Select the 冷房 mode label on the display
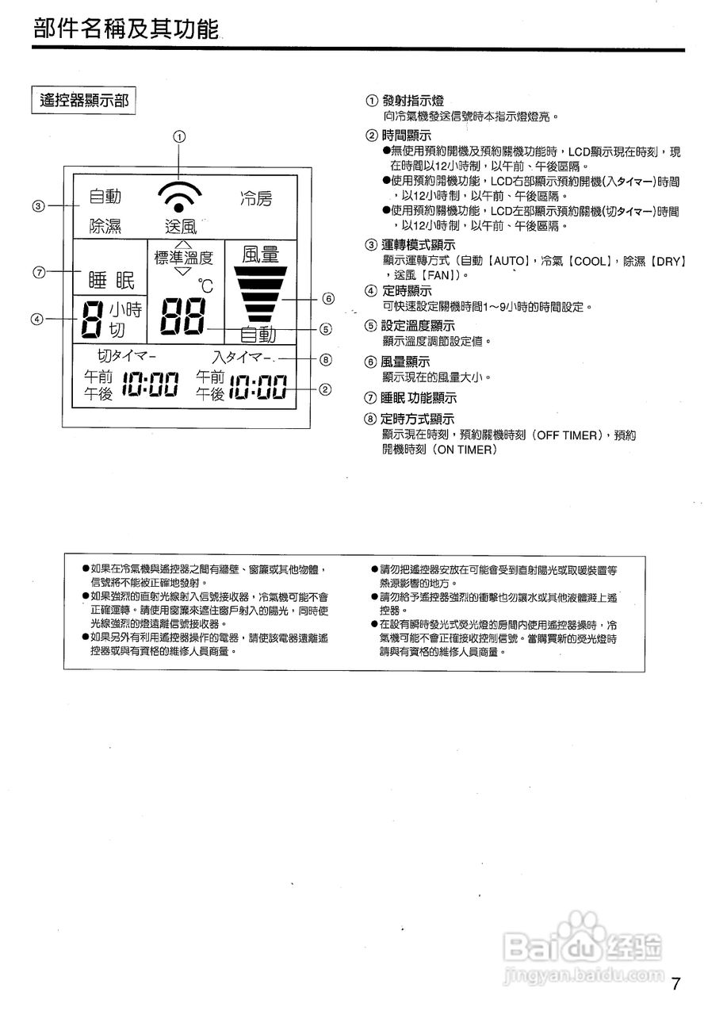[x=256, y=199]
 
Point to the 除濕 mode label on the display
[x=105, y=226]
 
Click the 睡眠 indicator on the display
[x=111, y=281]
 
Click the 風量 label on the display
[x=261, y=255]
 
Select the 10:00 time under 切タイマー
[x=152, y=386]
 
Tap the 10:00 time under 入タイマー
[x=258, y=387]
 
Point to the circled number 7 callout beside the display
[x=38, y=272]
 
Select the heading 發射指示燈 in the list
[x=412, y=101]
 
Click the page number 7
[x=675, y=985]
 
